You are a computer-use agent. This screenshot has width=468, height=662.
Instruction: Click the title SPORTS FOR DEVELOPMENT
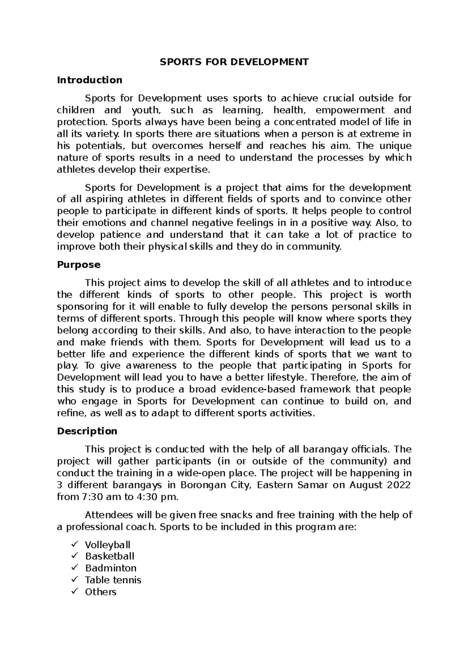pyautogui.click(x=234, y=62)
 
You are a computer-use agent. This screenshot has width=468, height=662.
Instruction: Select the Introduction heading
pyautogui.click(x=89, y=80)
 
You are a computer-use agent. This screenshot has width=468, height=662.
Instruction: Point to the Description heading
pyautogui.click(x=87, y=431)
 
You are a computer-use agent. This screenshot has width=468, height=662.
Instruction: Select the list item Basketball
pyautogui.click(x=110, y=556)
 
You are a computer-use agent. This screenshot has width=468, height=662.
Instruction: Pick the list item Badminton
pyautogui.click(x=111, y=568)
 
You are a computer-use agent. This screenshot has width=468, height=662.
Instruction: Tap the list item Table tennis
pyautogui.click(x=113, y=580)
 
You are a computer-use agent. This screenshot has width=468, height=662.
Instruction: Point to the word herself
pyautogui.click(x=223, y=146)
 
